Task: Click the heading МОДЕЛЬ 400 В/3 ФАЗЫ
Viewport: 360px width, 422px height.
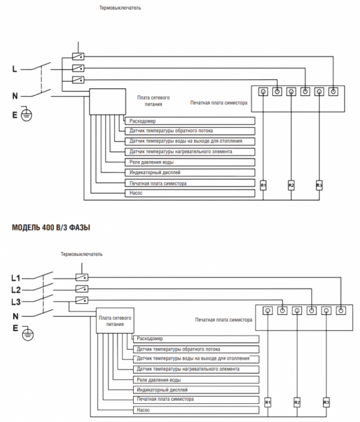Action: point(51,228)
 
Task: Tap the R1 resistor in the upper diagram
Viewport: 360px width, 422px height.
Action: point(263,186)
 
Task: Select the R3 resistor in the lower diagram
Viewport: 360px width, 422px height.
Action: point(326,403)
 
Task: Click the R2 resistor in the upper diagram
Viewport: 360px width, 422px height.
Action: point(291,186)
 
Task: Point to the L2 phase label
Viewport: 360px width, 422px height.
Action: point(16,290)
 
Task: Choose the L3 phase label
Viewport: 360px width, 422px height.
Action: point(16,302)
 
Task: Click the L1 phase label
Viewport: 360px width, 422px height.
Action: point(16,278)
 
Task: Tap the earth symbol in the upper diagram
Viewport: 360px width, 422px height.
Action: point(27,114)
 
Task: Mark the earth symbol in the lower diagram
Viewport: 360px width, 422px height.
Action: point(28,334)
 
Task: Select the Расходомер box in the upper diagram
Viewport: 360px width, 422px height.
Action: point(190,121)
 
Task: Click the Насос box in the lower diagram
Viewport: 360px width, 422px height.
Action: point(196,410)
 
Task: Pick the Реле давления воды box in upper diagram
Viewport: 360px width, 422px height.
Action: point(190,162)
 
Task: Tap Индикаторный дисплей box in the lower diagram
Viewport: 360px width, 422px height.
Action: point(196,390)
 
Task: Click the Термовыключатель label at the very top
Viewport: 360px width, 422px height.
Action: point(120,8)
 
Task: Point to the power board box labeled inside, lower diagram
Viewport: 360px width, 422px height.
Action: point(115,321)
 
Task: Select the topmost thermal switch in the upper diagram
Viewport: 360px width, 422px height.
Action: point(78,56)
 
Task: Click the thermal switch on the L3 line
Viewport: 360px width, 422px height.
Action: point(82,300)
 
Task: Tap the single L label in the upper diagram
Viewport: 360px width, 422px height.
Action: point(14,69)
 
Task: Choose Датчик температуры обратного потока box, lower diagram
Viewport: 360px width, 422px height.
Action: point(196,349)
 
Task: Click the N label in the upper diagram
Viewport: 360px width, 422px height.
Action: point(15,96)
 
